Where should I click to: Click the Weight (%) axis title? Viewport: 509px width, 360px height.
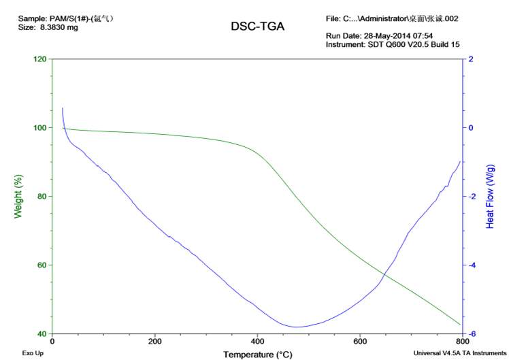[x=18, y=196]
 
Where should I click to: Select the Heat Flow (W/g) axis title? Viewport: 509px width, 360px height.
[x=490, y=196]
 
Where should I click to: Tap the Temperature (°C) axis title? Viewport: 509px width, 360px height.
[x=258, y=354]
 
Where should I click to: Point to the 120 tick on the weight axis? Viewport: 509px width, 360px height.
[x=39, y=59]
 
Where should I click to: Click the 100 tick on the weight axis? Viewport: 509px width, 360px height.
[x=39, y=128]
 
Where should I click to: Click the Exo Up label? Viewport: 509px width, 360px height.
[x=33, y=353]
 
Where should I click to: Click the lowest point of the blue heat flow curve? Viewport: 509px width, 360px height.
[x=297, y=327]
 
